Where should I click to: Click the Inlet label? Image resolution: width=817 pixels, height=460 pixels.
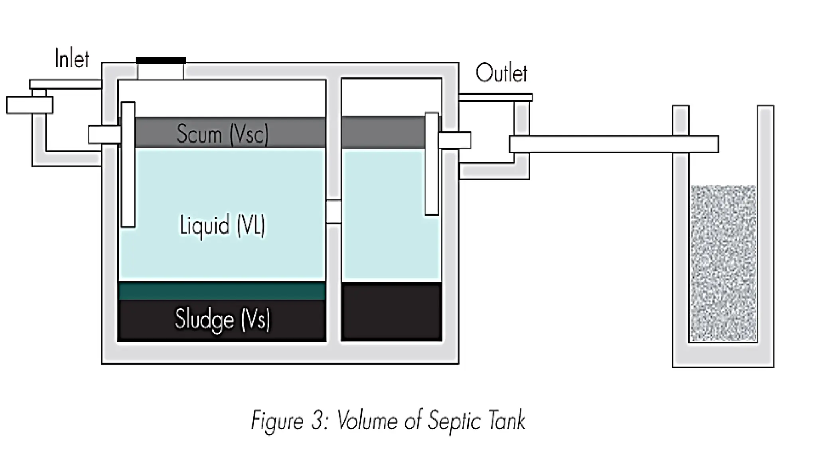72,59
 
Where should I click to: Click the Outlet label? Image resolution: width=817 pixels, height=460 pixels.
501,73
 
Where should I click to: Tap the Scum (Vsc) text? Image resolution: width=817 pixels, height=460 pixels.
222,133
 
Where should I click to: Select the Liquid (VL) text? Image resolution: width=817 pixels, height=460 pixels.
222,225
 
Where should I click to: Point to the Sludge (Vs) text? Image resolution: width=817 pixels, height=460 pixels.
222,319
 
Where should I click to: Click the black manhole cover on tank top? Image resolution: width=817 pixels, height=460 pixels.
161,60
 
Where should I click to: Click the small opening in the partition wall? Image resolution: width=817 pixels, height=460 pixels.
334,212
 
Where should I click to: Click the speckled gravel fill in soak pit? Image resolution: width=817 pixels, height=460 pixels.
723,264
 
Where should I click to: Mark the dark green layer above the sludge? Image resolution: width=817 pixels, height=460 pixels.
222,291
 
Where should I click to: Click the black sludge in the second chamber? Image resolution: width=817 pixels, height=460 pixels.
391,311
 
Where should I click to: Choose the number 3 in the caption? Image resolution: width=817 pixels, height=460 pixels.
317,421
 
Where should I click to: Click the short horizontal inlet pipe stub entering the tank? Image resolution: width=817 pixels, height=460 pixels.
105,134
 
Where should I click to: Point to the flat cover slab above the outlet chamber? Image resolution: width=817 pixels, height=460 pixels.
495,97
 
